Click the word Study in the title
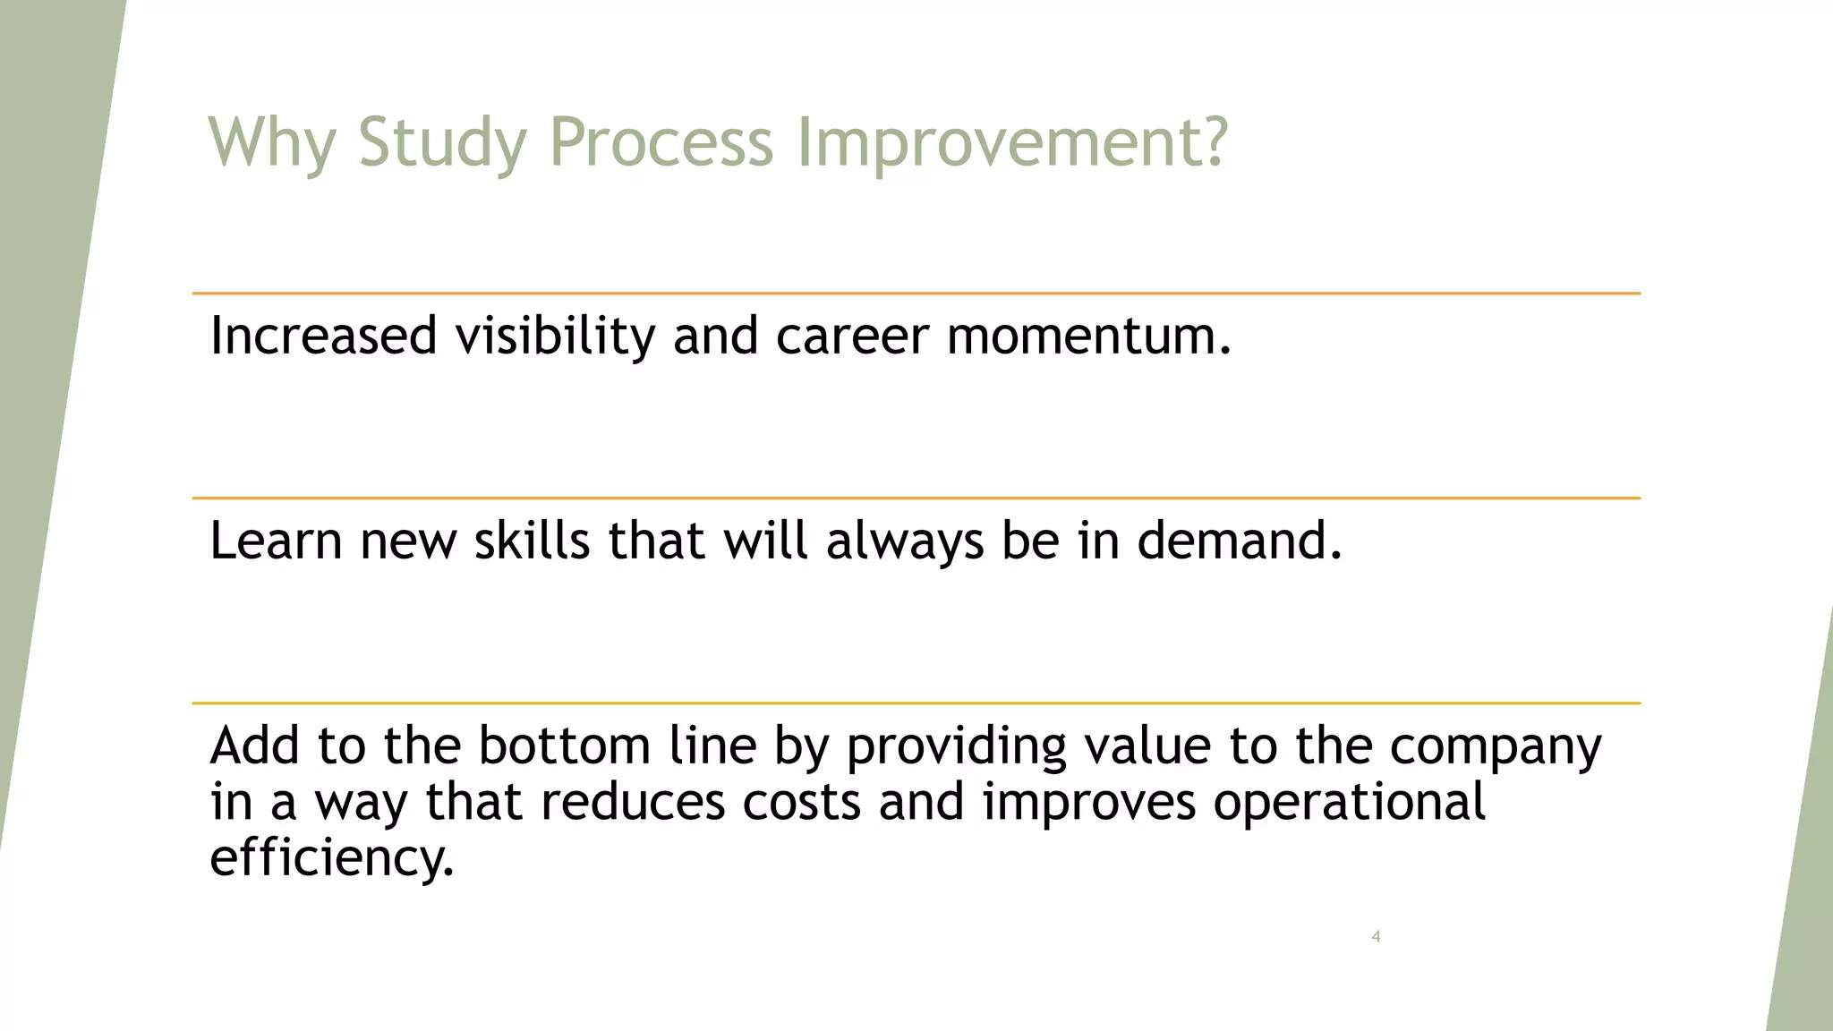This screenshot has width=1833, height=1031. [442, 142]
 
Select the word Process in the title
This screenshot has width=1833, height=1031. [661, 142]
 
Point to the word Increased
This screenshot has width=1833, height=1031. [323, 337]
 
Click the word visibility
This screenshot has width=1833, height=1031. [555, 337]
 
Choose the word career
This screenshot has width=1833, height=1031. [852, 337]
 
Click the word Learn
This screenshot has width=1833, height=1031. [276, 541]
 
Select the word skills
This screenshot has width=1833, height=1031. [532, 541]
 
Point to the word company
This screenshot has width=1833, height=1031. [1495, 748]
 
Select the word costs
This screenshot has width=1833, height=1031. [801, 802]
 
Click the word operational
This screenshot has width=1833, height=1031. [1349, 803]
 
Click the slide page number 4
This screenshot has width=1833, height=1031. [1376, 937]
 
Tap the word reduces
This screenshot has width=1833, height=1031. [633, 802]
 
